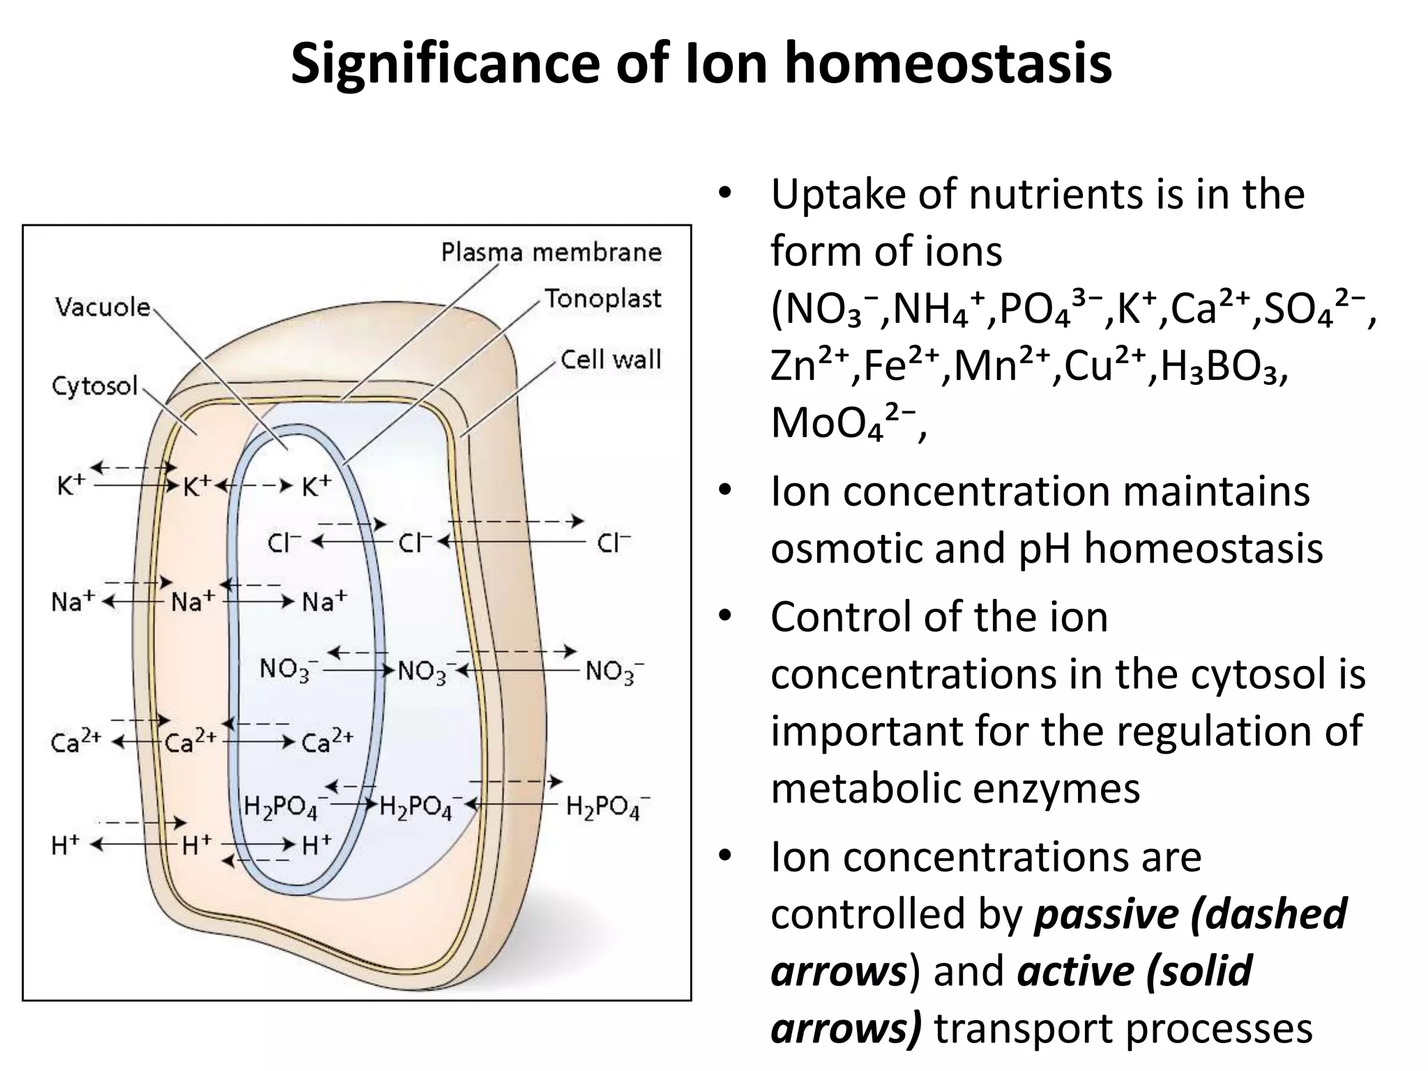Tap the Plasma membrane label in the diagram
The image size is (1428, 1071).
pos(551,252)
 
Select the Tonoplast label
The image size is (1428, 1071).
pos(602,298)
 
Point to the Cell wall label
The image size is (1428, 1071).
pos(611,360)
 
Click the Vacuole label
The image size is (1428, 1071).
pos(102,307)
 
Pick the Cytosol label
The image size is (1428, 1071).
pos(96,386)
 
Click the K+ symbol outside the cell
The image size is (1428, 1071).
pos(70,486)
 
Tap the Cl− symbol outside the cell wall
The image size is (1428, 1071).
pos(614,542)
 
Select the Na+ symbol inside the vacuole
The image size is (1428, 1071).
pos(324,601)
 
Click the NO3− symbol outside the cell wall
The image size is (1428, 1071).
pos(614,671)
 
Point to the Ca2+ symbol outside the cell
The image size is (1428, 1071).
pos(76,743)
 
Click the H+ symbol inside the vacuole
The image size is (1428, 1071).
pos(317,845)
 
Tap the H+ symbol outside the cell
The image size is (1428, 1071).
pos(66,845)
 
